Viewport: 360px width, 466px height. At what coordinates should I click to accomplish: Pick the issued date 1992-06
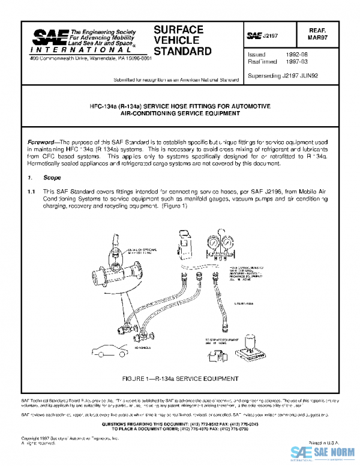pos(298,54)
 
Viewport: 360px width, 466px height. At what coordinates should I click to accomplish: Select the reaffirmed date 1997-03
pos(298,61)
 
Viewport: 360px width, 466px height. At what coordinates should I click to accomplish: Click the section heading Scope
pos(52,178)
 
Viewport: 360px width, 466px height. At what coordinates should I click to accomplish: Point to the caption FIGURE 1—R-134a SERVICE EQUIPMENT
pos(181,380)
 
